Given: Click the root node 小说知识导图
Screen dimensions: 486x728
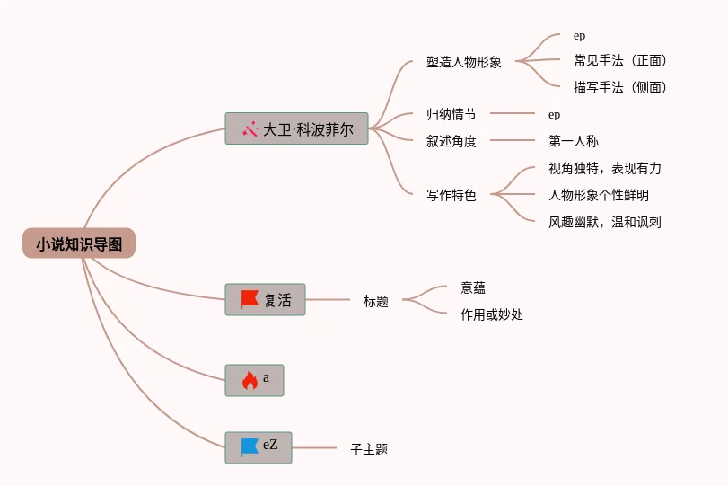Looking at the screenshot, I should tap(79, 243).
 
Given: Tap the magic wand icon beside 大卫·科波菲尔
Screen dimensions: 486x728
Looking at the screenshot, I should tap(250, 129).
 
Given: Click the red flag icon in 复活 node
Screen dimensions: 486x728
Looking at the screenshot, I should tap(250, 300).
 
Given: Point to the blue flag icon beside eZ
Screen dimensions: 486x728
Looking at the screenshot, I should tap(250, 446).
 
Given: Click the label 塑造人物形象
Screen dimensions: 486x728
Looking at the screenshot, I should tap(464, 63).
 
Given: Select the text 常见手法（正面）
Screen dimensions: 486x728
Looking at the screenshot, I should tap(620, 61).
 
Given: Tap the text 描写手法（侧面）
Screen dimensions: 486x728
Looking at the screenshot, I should tap(620, 87).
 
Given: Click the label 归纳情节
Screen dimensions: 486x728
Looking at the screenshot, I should tap(452, 115).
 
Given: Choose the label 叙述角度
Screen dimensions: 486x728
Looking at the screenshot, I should tap(452, 141).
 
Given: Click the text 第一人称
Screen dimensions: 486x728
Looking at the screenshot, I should tap(574, 141).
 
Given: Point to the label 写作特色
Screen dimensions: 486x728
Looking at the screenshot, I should tap(452, 195).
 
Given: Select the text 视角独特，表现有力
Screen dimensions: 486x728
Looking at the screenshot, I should tap(605, 169).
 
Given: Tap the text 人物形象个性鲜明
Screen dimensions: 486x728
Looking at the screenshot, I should tap(599, 195).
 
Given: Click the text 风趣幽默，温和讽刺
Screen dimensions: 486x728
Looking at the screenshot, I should tap(605, 222).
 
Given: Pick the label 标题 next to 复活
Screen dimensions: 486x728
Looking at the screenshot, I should tap(376, 302).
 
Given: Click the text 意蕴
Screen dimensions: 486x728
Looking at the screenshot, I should tap(473, 287).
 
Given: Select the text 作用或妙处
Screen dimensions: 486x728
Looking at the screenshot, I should tap(492, 314).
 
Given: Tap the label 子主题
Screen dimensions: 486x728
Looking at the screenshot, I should tap(369, 450).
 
